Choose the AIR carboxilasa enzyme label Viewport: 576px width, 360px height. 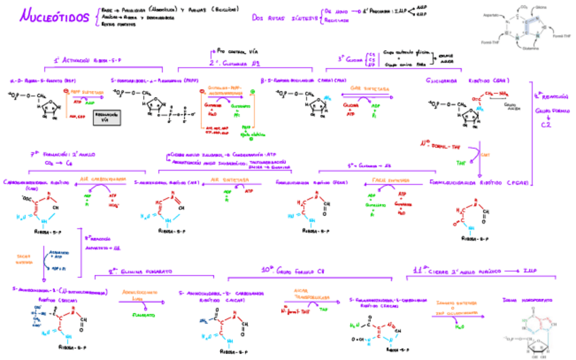pyautogui.click(x=104, y=179)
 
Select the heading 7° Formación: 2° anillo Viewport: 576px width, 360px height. pyautogui.click(x=56, y=154)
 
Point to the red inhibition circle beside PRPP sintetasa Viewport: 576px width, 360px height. pyautogui.click(x=66, y=90)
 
